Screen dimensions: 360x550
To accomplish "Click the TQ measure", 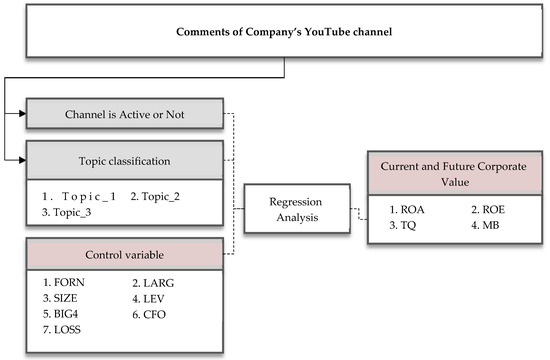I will click(x=402, y=227).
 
